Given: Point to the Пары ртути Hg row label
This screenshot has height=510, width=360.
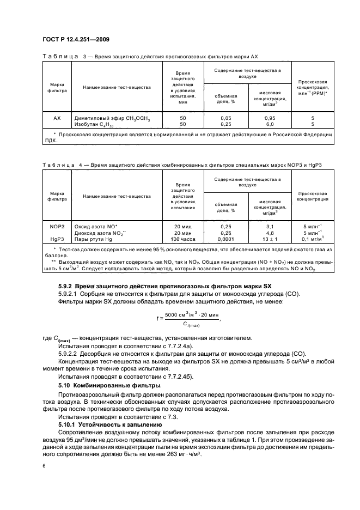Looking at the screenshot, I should point(102,238).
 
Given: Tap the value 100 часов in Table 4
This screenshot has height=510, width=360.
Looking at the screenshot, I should point(183,238).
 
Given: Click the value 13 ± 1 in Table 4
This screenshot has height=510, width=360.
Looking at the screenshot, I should point(270,238).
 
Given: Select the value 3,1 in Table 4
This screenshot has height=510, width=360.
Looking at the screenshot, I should point(270,226).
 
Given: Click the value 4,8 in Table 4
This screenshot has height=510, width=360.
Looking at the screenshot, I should point(270,232).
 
